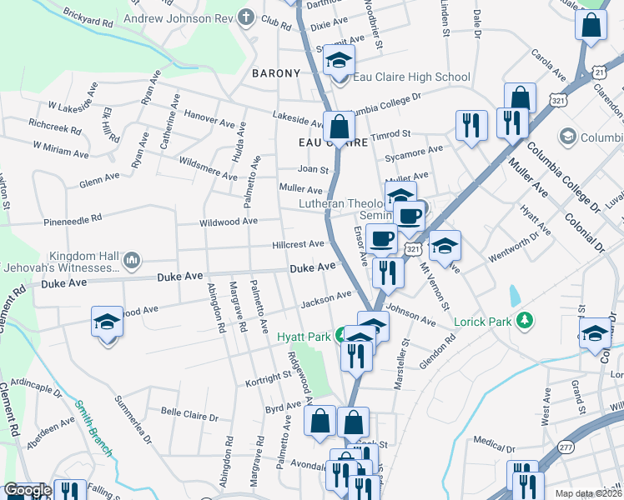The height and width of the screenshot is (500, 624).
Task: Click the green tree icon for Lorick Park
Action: click(x=525, y=320)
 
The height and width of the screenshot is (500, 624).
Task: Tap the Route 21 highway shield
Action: click(x=599, y=72)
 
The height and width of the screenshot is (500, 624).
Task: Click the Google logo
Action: click(x=28, y=491)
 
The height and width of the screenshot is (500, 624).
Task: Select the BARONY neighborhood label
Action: click(x=276, y=73)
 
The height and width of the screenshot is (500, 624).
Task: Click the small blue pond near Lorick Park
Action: click(x=514, y=295)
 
